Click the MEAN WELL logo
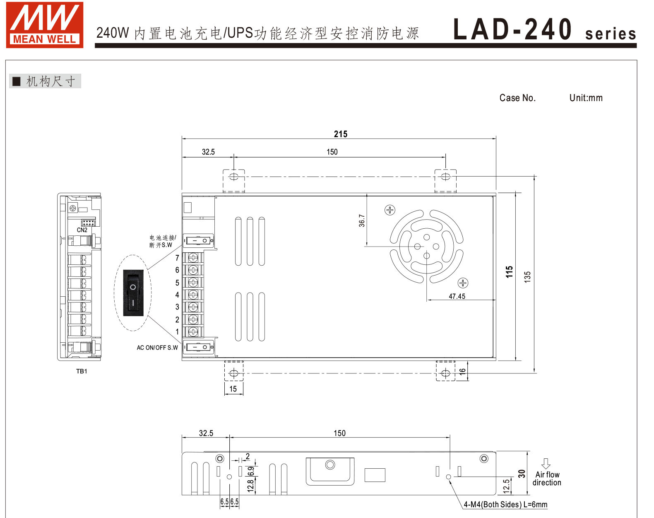(45, 25)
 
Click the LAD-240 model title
(513, 29)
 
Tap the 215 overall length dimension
(340, 134)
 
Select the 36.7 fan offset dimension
(362, 220)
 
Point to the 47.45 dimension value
(457, 296)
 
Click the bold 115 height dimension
(510, 272)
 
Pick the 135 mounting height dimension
(527, 277)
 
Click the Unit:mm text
(586, 98)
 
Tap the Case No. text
(517, 98)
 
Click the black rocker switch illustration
(133, 293)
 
